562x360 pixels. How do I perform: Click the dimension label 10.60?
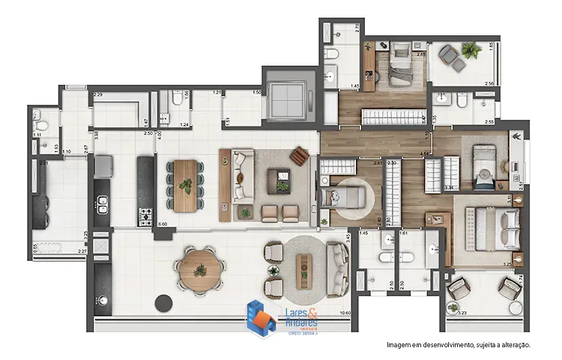click(x=345, y=313)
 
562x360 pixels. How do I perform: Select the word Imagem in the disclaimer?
click(x=399, y=345)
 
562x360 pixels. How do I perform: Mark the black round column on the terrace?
click(x=162, y=303)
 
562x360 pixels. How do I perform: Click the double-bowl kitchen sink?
click(x=101, y=207)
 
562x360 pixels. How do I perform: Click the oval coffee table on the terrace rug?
click(x=304, y=266)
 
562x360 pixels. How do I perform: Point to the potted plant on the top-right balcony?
click(x=470, y=50)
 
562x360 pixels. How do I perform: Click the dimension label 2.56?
click(x=489, y=83)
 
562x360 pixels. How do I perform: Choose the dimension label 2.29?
click(x=98, y=94)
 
